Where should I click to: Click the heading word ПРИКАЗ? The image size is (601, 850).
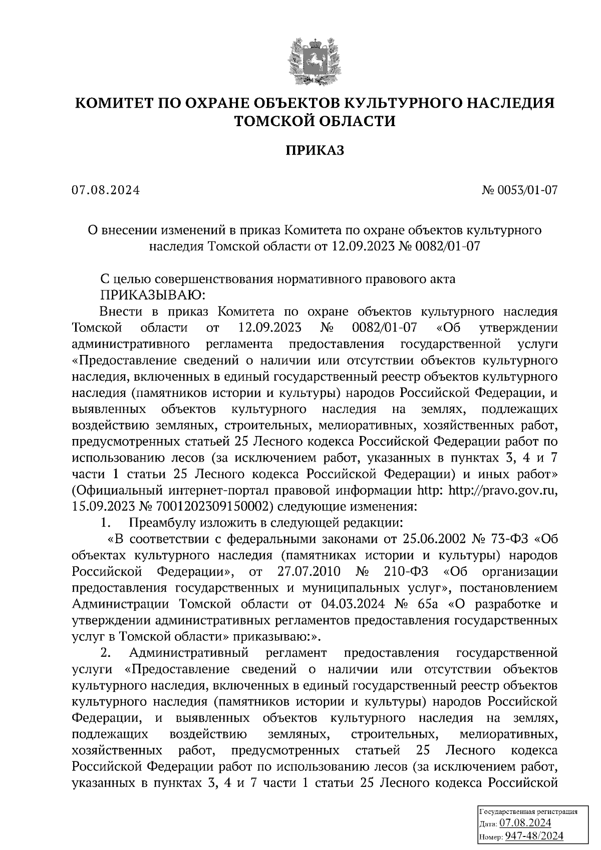(x=315, y=151)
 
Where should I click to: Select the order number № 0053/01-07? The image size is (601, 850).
(x=519, y=191)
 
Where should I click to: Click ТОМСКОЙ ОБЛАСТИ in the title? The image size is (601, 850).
(x=315, y=121)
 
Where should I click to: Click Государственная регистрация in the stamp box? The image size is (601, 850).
(x=528, y=811)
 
